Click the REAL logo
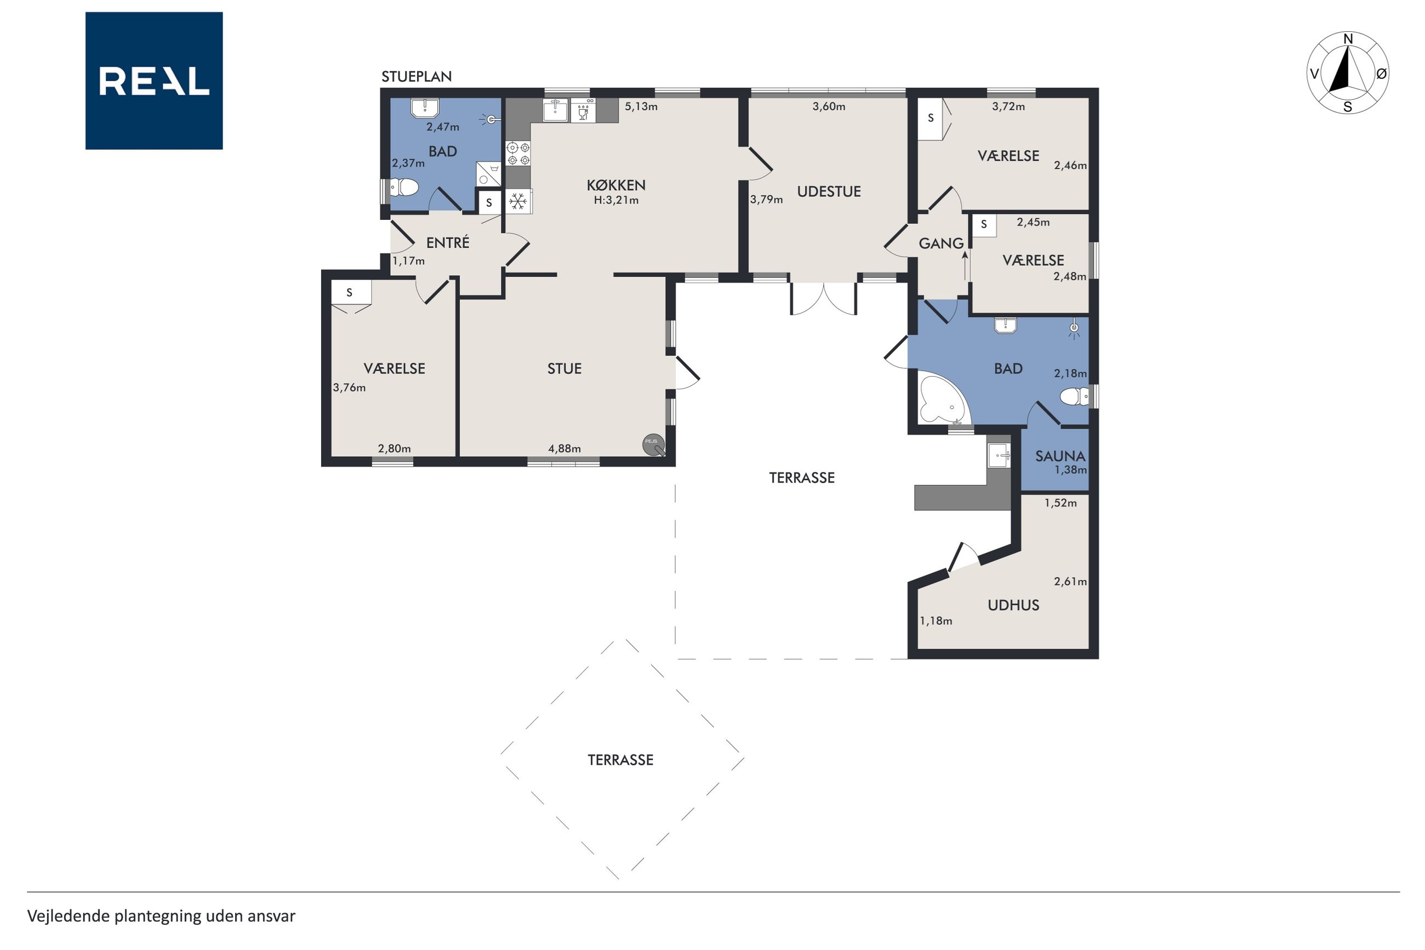coord(154,81)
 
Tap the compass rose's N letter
coord(1348,39)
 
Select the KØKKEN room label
coord(616,185)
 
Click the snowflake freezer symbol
coord(518,201)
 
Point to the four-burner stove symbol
coord(518,153)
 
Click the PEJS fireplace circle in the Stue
coord(653,444)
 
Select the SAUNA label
coord(1060,456)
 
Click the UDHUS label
coord(1013,605)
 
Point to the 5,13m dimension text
coord(641,107)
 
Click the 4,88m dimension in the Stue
coord(565,449)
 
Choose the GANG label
coord(941,243)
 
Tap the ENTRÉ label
coord(448,242)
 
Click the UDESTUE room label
coord(829,191)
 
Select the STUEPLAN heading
coord(417,76)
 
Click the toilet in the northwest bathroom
coord(403,187)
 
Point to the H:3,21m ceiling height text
coord(616,201)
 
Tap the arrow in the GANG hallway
coord(965,266)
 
